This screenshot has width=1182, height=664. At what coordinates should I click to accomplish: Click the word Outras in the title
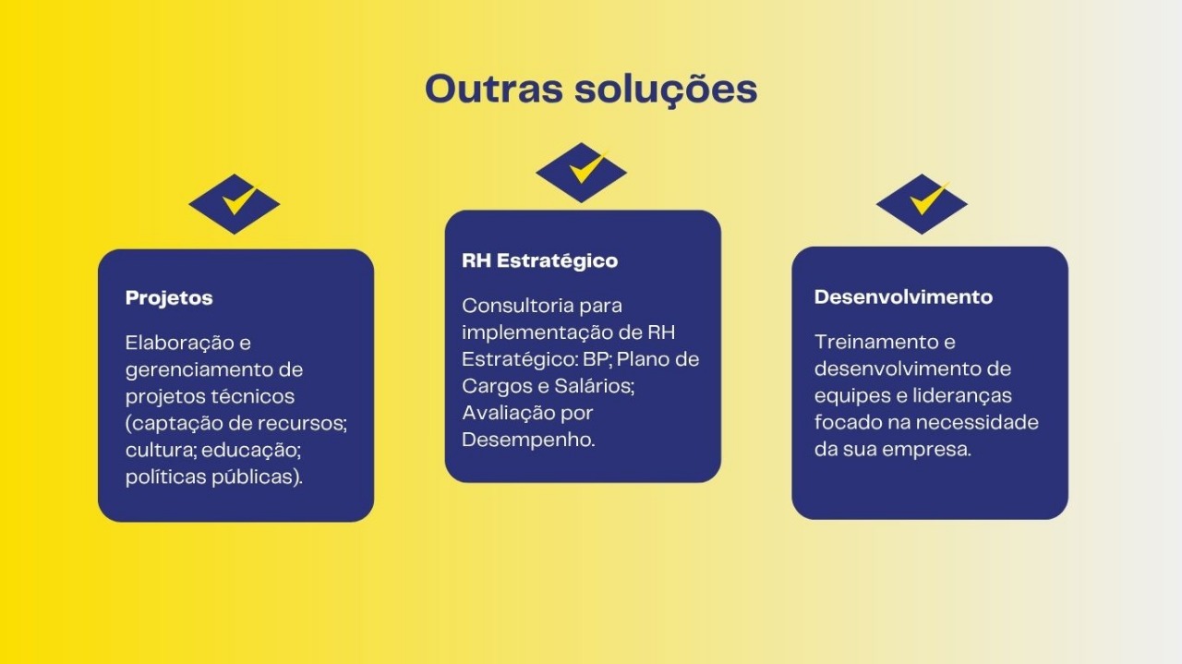pyautogui.click(x=494, y=89)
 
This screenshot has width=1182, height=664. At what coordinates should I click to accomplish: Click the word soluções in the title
pyautogui.click(x=666, y=90)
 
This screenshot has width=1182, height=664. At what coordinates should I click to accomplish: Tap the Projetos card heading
pyautogui.click(x=169, y=298)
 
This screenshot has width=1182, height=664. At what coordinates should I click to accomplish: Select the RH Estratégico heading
pyautogui.click(x=540, y=260)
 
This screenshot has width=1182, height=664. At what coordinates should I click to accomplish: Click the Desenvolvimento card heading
pyautogui.click(x=903, y=297)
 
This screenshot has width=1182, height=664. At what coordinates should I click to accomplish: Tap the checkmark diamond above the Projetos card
pyautogui.click(x=235, y=204)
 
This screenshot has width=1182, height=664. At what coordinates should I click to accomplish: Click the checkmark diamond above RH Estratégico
pyautogui.click(x=581, y=173)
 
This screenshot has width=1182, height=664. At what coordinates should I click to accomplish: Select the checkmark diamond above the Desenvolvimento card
pyautogui.click(x=922, y=204)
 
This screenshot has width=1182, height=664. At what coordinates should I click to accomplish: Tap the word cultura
pyautogui.click(x=161, y=451)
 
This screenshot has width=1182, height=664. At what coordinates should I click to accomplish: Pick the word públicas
pyautogui.click(x=257, y=477)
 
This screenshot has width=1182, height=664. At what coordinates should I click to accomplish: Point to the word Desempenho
pyautogui.click(x=529, y=441)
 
